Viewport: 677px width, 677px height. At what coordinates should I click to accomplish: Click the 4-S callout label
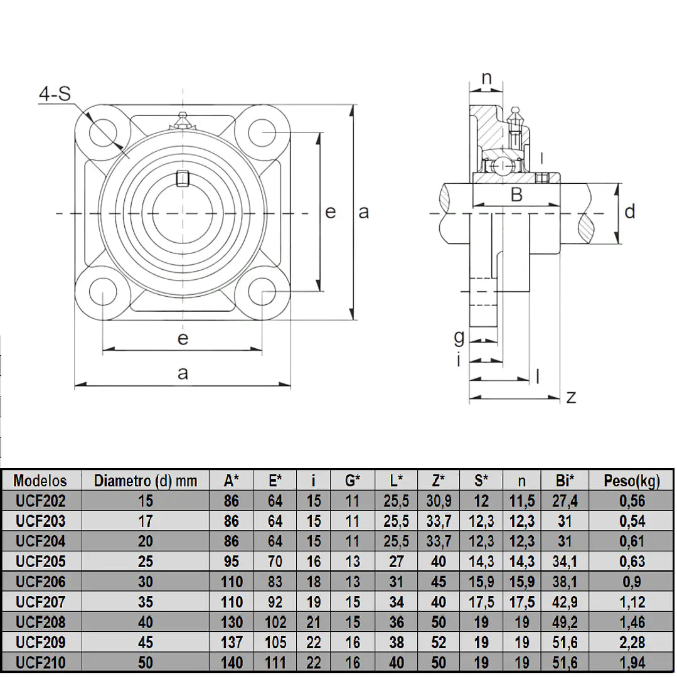55,93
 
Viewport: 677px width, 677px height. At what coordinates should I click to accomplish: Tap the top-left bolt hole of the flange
103,131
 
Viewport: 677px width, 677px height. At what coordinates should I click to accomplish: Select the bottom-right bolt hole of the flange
262,292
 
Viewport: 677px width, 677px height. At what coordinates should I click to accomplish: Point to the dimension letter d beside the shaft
630,211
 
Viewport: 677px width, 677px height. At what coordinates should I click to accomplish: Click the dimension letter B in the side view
516,195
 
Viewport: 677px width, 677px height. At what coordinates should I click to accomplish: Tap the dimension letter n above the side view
487,79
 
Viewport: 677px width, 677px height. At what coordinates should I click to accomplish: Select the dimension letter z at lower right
571,397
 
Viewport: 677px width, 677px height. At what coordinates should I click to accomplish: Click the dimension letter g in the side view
459,337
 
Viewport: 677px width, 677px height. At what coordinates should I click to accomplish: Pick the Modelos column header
40,481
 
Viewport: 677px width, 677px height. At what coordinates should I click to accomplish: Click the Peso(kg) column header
632,481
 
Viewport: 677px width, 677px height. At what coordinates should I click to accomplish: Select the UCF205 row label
41,562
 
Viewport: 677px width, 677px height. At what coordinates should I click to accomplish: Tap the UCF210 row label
41,663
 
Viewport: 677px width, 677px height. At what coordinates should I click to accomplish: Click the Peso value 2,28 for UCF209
632,642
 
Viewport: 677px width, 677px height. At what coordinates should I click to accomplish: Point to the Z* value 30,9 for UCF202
439,501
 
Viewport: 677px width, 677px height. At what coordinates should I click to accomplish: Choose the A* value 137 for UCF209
232,642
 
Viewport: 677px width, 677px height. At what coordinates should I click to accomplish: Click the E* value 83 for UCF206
275,582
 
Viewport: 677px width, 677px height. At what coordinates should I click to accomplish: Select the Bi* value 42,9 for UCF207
565,602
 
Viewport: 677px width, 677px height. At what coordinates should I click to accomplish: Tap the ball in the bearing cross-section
503,166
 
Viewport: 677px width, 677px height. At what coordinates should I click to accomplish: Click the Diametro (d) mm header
146,481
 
